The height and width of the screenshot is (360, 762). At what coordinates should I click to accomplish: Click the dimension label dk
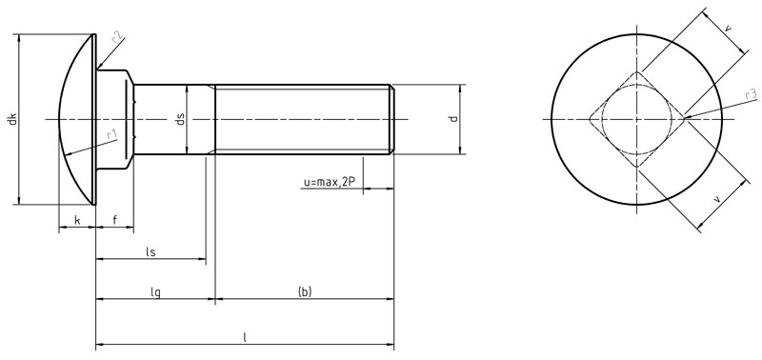coord(11,120)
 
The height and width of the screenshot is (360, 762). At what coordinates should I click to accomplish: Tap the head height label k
coord(76,221)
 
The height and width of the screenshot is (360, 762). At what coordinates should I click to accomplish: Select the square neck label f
coord(114,221)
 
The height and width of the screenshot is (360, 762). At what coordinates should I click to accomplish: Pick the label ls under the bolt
coord(150,251)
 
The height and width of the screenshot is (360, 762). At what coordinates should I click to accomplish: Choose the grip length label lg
coord(155,291)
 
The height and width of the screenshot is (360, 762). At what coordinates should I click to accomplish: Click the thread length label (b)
coord(305,291)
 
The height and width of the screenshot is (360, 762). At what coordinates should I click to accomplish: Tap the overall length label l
coord(245,336)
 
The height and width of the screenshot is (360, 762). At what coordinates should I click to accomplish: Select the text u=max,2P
coord(329,181)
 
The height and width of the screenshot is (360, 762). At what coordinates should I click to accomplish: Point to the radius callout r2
coord(116,37)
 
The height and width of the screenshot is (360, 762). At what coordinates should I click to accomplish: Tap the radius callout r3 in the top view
coord(751,94)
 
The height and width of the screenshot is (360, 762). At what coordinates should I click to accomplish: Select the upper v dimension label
coord(728,30)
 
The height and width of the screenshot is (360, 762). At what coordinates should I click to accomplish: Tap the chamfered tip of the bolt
coord(391,120)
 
